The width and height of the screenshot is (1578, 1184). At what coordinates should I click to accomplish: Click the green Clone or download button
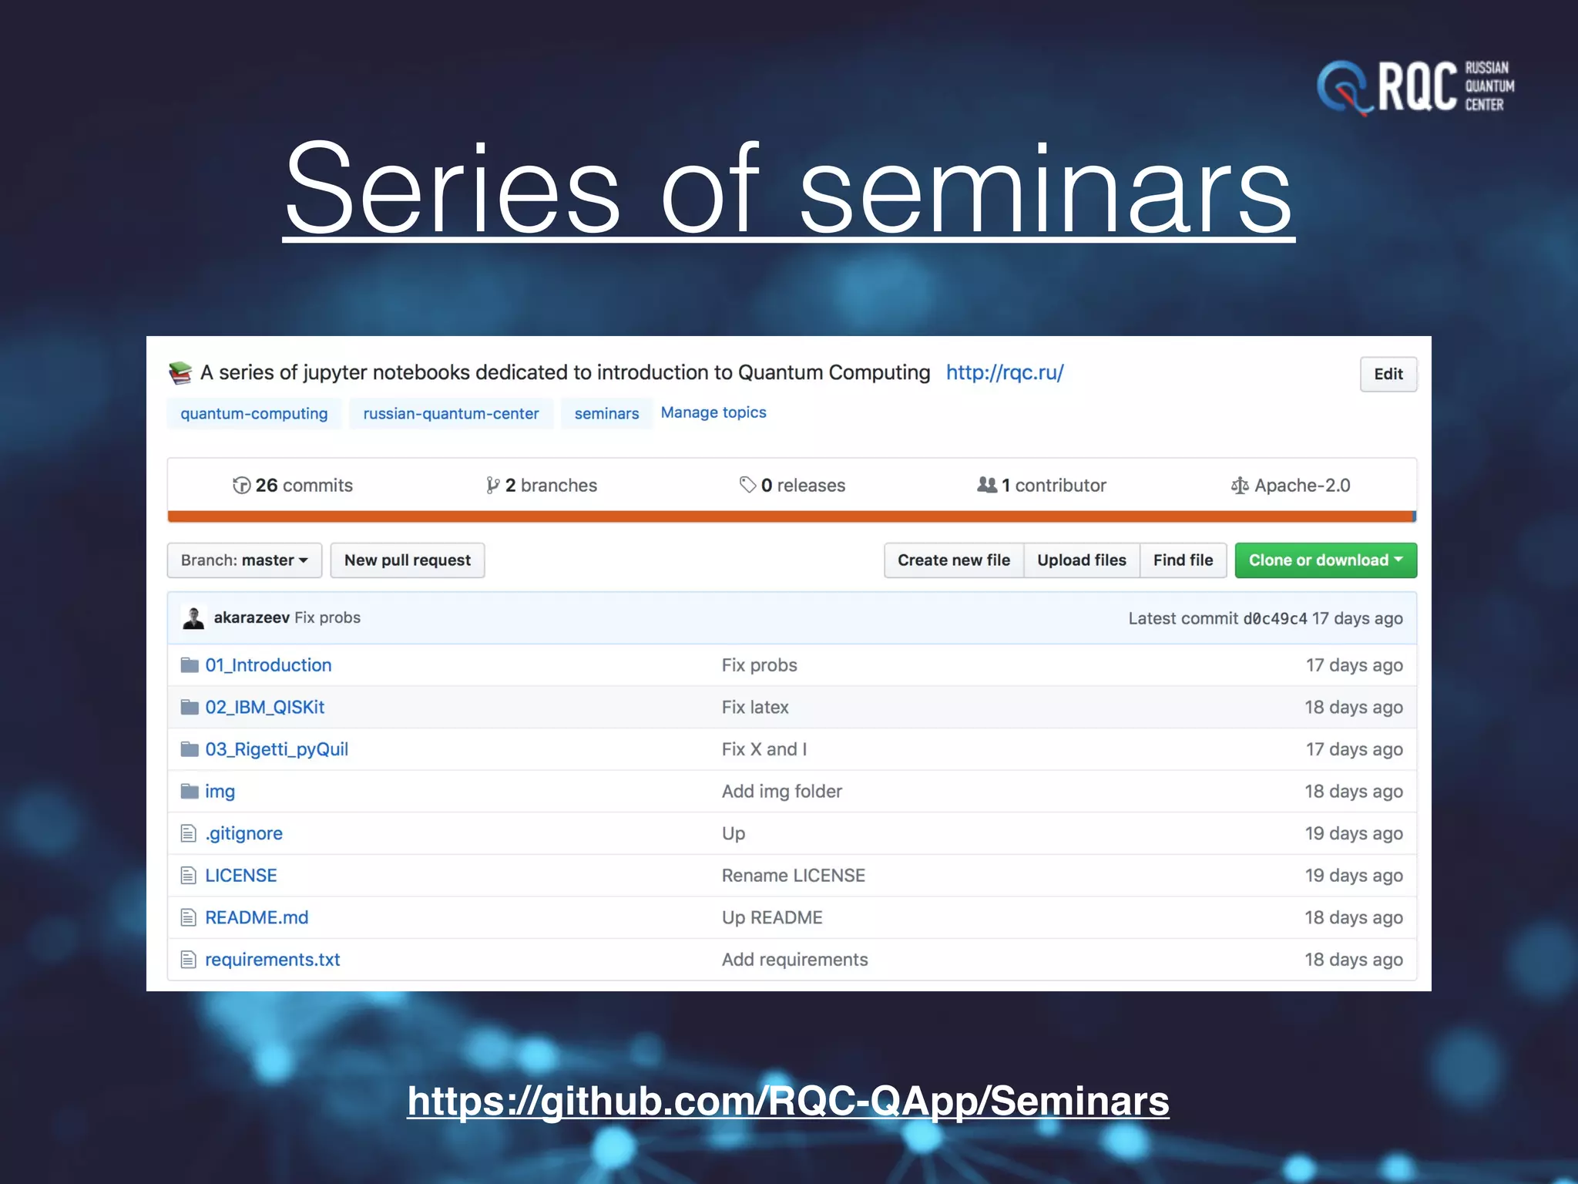pos(1325,560)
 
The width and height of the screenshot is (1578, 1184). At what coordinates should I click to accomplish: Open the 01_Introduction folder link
pos(268,665)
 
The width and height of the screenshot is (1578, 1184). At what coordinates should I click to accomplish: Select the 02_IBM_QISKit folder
pos(264,708)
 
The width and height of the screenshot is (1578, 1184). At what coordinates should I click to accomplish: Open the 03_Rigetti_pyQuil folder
pos(277,749)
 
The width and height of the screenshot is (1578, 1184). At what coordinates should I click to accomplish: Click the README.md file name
pos(257,917)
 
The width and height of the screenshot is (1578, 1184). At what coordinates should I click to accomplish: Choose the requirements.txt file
pos(272,960)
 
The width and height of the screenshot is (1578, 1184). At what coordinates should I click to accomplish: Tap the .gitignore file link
pos(243,833)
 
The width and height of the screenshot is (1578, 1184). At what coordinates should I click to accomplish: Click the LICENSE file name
pos(240,876)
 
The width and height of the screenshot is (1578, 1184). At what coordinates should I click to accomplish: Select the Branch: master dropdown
pos(244,560)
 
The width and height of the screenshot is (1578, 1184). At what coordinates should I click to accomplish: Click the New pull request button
pos(407,560)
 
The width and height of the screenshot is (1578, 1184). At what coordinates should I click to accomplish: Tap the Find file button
pos(1183,560)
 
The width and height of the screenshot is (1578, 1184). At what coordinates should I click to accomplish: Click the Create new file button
pos(953,560)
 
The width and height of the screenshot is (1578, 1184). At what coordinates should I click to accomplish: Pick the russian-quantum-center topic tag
pos(451,414)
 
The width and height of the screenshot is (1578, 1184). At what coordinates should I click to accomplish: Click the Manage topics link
pos(713,413)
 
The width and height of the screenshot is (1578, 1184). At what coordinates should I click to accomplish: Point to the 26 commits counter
pos(293,486)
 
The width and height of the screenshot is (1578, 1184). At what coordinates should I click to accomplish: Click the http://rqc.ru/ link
pos(1005,373)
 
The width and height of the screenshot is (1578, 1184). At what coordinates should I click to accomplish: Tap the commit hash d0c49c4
pos(1274,619)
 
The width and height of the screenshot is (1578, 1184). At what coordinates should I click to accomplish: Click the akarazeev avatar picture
pos(193,618)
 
